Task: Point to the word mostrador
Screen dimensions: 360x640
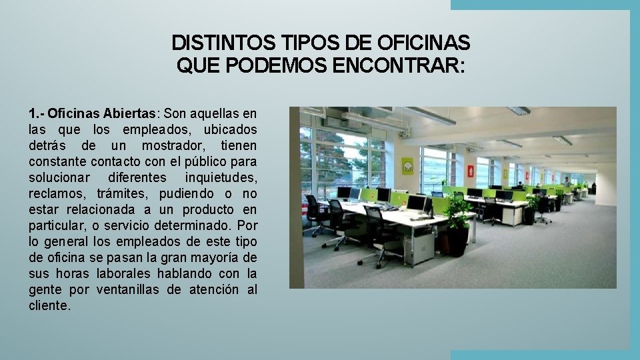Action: pos(171,145)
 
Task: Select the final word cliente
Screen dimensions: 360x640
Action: pos(49,306)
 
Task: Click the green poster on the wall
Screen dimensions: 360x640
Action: pos(408,165)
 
